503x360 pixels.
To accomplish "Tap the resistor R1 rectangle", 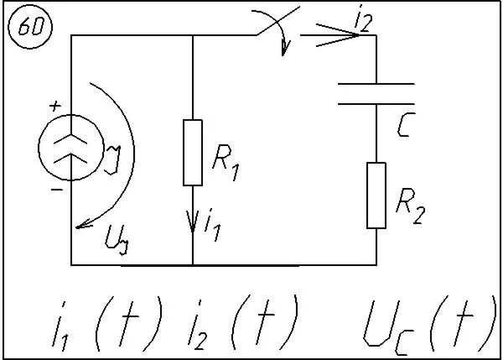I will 193,152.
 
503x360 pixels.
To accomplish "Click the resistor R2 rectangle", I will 376,196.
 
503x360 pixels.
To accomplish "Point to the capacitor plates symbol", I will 376,93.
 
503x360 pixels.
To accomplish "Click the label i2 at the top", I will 362,23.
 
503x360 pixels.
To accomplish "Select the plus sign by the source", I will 55,106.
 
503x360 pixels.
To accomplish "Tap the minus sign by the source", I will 56,190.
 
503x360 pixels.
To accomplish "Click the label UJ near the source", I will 116,242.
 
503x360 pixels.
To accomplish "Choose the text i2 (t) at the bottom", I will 249,321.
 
